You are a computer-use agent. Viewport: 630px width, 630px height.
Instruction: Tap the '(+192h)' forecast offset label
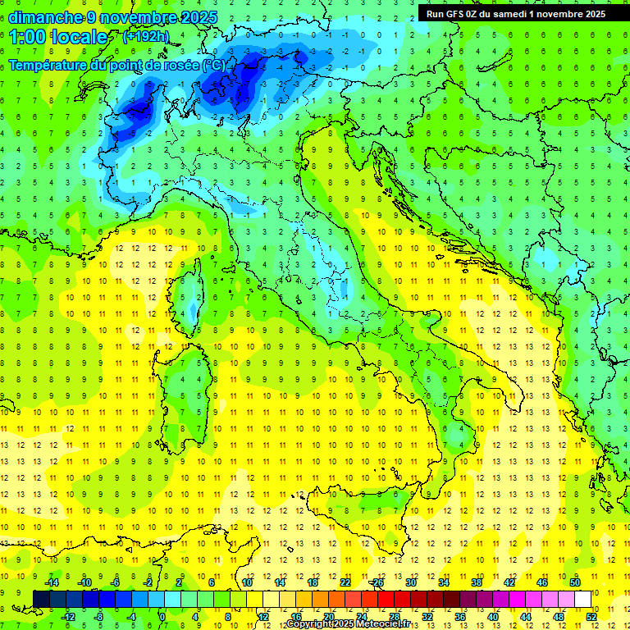click(x=146, y=36)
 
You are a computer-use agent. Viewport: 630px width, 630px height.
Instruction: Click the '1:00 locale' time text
click(x=58, y=36)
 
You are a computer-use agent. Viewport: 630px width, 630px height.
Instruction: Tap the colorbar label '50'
click(x=575, y=582)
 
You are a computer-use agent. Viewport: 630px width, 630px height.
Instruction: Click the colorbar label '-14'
click(x=52, y=582)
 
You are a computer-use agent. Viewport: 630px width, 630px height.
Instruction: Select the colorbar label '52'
click(x=591, y=617)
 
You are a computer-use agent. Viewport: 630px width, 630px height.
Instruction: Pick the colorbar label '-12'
click(x=69, y=617)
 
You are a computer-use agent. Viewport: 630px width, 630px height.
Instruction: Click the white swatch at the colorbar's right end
click(x=582, y=600)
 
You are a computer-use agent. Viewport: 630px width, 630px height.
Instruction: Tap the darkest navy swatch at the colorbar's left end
click(x=41, y=600)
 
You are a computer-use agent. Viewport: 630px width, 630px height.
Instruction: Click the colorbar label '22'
click(x=345, y=582)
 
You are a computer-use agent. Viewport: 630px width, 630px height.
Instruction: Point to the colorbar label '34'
click(x=444, y=582)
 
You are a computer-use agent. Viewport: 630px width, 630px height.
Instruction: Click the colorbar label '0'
click(x=162, y=617)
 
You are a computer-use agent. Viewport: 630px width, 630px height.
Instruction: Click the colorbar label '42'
click(x=509, y=582)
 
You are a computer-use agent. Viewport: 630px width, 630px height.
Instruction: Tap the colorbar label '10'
click(x=247, y=582)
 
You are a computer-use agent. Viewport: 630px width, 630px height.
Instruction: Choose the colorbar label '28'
click(x=394, y=617)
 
